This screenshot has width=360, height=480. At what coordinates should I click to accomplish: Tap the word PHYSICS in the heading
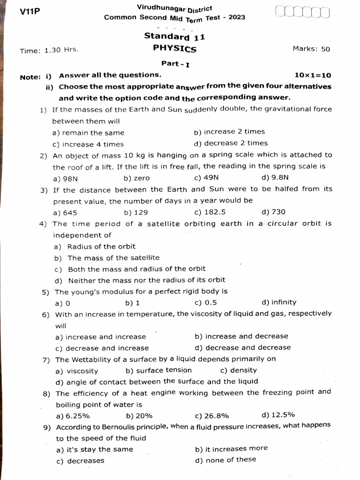pyautogui.click(x=174, y=48)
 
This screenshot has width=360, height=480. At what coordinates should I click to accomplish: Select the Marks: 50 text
pyautogui.click(x=311, y=49)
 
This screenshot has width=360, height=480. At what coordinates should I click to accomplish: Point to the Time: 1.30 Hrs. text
pyautogui.click(x=49, y=51)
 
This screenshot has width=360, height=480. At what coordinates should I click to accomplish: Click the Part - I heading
pyautogui.click(x=175, y=63)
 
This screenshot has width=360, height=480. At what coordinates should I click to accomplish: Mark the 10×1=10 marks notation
pyautogui.click(x=313, y=75)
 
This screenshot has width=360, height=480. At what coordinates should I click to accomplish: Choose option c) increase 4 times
pyautogui.click(x=88, y=144)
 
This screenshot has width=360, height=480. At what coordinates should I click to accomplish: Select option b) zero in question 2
pyautogui.click(x=137, y=178)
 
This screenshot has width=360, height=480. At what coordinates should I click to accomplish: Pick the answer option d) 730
pyautogui.click(x=273, y=212)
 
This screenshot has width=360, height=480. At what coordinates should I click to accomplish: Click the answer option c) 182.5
pyautogui.click(x=210, y=212)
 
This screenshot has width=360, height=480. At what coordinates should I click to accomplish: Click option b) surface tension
pyautogui.click(x=158, y=370)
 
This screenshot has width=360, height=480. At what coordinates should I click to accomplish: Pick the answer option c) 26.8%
pyautogui.click(x=211, y=415)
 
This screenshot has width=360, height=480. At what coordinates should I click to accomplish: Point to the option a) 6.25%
pyautogui.click(x=73, y=416)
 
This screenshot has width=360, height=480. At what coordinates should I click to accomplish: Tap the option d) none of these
pyautogui.click(x=225, y=460)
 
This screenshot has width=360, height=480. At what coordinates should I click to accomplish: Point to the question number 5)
pyautogui.click(x=45, y=292)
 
